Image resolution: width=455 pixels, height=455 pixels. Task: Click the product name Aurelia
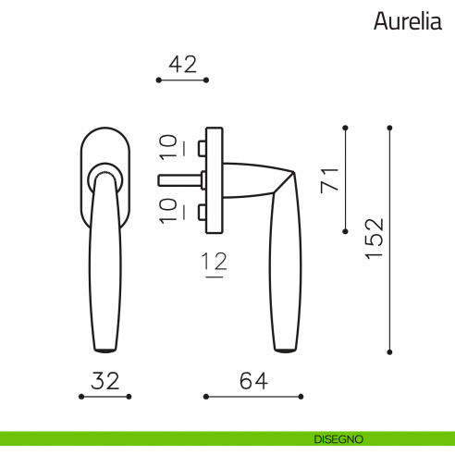408,21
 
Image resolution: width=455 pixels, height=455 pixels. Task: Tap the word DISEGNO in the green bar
337,437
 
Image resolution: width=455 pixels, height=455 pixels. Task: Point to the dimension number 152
373,240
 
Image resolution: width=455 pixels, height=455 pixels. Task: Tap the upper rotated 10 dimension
168,145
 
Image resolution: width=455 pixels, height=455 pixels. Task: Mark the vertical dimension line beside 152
389,240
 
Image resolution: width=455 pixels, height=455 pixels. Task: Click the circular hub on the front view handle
105,175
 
